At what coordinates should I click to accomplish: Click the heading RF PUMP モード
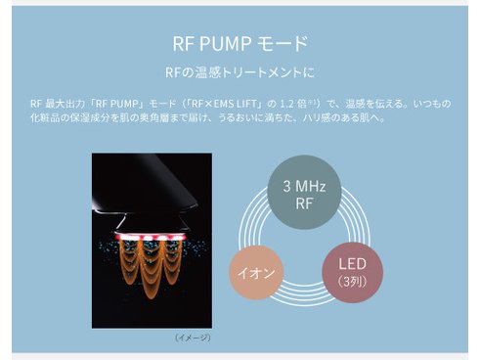[239, 44]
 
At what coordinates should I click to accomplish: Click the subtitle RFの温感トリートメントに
[239, 72]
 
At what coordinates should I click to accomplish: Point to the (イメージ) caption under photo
[192, 337]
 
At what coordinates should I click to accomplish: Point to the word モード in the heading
[287, 44]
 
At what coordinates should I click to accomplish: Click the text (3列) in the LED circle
[352, 282]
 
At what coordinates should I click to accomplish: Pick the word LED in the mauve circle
[352, 264]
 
